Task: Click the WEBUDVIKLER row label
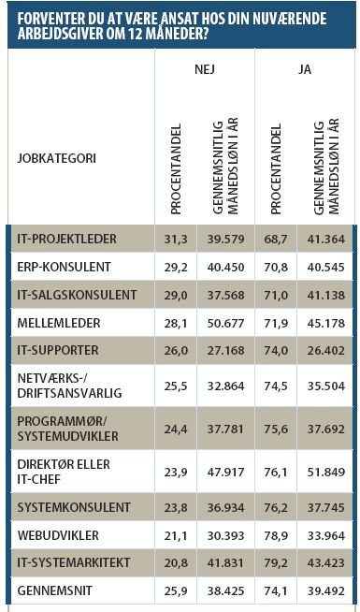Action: (x=55, y=535)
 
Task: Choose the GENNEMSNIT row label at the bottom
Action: (x=56, y=590)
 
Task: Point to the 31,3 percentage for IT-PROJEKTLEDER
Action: (x=176, y=240)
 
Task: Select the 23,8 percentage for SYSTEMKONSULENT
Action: (x=176, y=506)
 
